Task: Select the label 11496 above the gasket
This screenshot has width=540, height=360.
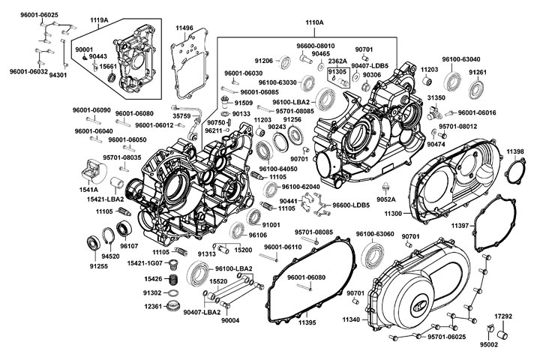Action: [184, 28]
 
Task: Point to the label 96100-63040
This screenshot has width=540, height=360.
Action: [460, 58]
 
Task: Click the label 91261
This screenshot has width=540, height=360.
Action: [478, 72]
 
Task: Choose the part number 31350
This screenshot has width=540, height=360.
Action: [436, 97]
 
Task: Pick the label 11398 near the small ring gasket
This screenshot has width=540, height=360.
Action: [515, 152]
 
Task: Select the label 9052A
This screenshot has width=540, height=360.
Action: [386, 200]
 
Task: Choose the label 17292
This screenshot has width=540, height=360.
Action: [503, 316]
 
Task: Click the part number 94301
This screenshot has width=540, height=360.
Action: [58, 75]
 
